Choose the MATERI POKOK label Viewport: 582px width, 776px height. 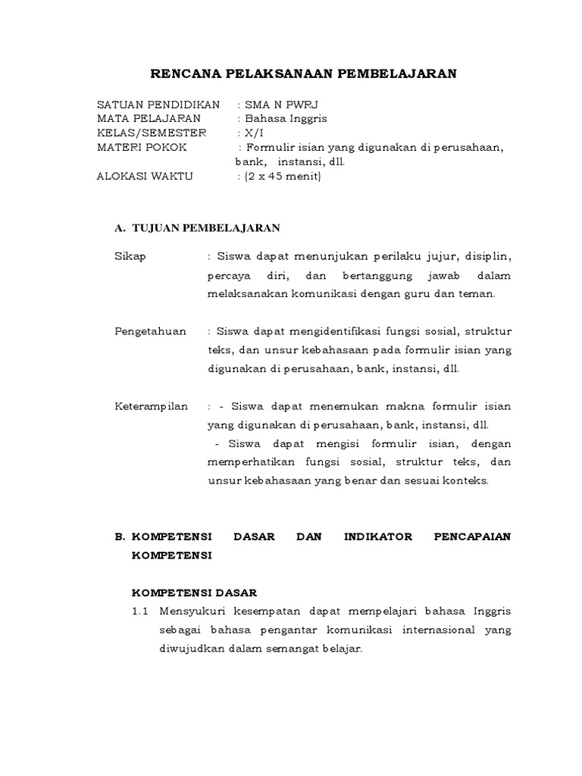click(142, 147)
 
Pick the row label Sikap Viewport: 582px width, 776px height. click(130, 256)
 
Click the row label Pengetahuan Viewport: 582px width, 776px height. click(150, 331)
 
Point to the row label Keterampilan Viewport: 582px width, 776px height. click(152, 406)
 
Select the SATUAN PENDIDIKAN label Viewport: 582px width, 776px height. click(158, 104)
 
